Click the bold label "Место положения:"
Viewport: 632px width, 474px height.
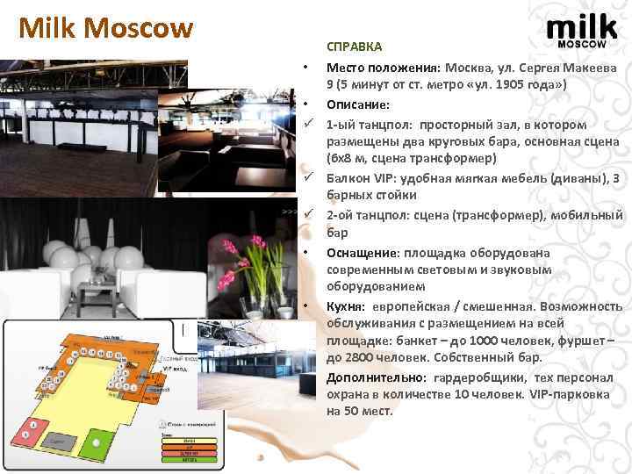pos(383,68)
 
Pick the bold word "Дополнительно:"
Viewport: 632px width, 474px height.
pos(376,377)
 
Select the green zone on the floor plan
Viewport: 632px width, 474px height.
pos(104,439)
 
